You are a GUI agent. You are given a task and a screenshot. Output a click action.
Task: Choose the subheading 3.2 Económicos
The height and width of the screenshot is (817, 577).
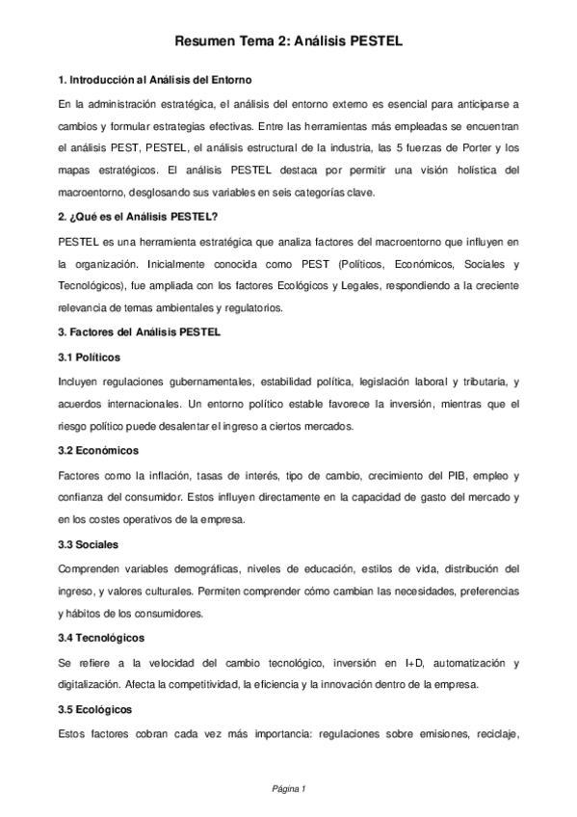[98, 450]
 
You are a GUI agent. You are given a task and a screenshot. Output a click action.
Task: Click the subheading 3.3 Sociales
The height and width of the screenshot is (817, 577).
[89, 544]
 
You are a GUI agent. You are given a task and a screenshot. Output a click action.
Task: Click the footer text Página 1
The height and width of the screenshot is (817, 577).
[288, 789]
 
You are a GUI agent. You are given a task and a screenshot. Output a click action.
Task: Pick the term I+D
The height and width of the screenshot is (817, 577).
[415, 663]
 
